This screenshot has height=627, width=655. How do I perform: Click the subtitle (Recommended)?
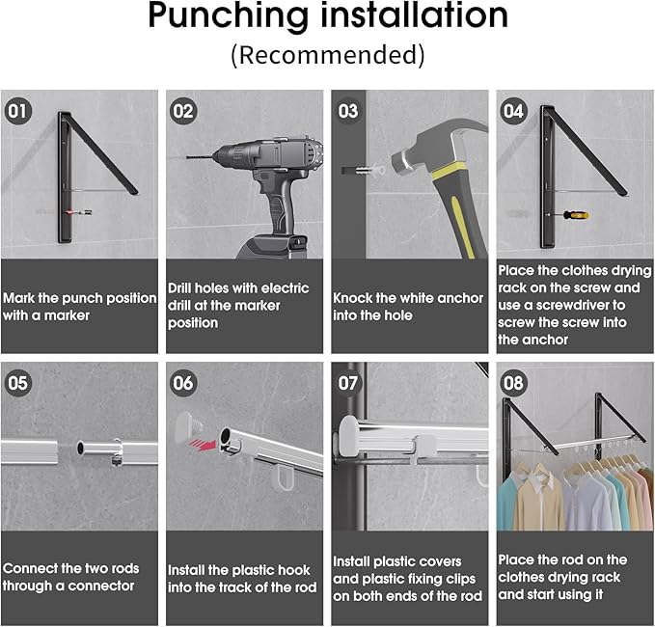click(327, 54)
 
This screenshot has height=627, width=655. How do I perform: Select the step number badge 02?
click(183, 110)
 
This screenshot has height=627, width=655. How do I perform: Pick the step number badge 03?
click(348, 110)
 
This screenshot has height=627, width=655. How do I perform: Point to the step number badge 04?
click(513, 110)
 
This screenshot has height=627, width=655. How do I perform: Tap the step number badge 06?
click(183, 382)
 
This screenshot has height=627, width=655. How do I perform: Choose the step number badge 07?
click(348, 382)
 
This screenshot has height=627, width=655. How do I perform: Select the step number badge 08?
click(513, 382)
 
